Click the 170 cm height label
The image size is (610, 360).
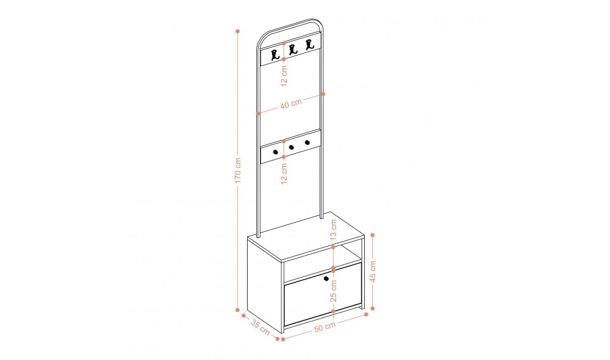(x=238, y=170)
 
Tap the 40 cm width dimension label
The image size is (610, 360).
(x=291, y=104)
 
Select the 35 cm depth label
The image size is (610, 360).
(x=260, y=327)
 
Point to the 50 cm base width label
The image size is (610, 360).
(x=325, y=326)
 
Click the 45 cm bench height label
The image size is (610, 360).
(x=373, y=272)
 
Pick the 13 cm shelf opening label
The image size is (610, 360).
(x=334, y=229)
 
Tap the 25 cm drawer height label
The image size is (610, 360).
(x=334, y=290)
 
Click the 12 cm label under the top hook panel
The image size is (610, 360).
(x=284, y=76)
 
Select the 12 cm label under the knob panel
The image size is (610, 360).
(x=284, y=173)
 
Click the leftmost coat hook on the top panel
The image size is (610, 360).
(x=276, y=56)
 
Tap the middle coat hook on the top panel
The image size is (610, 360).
(x=293, y=49)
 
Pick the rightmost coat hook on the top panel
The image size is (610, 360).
(x=309, y=45)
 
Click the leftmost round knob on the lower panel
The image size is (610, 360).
(x=276, y=152)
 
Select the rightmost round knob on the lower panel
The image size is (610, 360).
(x=307, y=142)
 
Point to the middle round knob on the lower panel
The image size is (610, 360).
(x=292, y=147)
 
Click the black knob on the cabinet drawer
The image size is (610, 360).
(x=326, y=278)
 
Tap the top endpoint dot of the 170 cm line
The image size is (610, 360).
(x=238, y=31)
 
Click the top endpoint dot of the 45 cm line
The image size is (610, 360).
(x=373, y=235)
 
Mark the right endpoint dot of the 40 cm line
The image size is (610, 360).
(x=323, y=94)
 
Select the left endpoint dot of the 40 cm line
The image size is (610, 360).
(x=258, y=113)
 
